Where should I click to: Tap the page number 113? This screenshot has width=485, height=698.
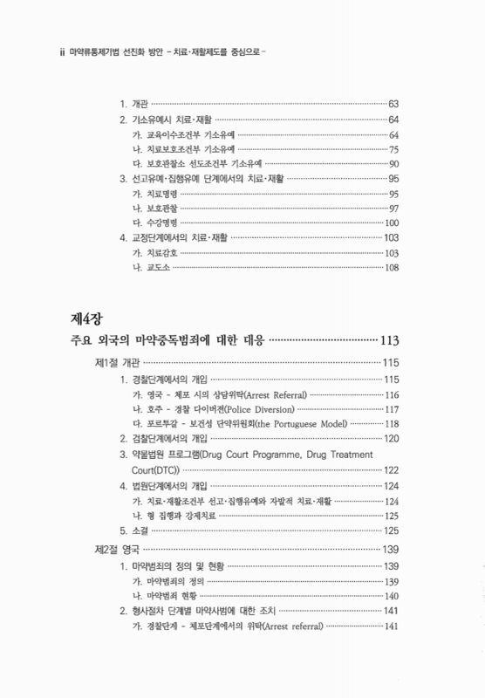[388, 339]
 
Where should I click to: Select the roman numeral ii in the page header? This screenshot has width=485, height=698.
[60, 51]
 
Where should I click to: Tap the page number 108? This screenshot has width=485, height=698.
[391, 267]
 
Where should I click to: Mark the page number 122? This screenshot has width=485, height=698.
[391, 470]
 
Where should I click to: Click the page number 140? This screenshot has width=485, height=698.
[391, 595]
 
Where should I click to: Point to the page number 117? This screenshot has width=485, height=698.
[391, 409]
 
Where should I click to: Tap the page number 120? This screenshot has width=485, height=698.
[391, 438]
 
